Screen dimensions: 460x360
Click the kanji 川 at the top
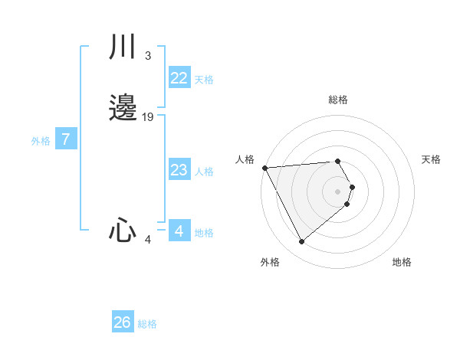(122, 47)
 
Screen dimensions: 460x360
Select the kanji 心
(122, 230)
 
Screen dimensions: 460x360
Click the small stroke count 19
(148, 117)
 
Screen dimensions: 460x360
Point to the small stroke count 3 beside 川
(147, 55)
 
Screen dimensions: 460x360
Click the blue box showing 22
(179, 78)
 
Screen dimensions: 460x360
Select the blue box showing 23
(179, 170)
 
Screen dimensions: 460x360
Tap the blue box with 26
(122, 322)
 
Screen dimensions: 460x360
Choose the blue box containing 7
(67, 139)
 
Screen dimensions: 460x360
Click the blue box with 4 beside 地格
(179, 231)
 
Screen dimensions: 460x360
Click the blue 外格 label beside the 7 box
(41, 141)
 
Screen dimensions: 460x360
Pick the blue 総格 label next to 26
(147, 324)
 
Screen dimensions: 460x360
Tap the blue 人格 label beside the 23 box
(204, 172)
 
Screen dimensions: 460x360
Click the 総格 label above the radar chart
(338, 100)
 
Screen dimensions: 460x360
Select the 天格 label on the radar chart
(431, 159)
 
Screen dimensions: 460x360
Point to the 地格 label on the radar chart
(402, 262)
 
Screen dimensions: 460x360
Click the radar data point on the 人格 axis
(264, 167)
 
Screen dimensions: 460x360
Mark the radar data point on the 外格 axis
(301, 242)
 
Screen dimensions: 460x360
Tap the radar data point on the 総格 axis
(338, 161)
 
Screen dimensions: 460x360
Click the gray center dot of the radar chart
(338, 191)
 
